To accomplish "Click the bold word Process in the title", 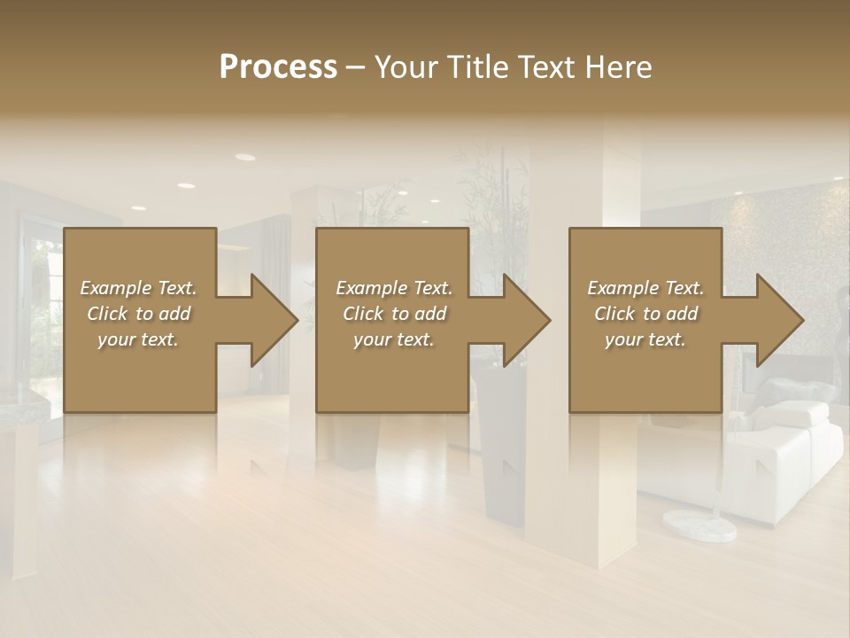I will (278, 67).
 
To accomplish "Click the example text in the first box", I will (138, 314).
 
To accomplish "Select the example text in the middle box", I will (393, 314).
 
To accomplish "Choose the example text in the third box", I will (645, 314).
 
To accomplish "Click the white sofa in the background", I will (779, 461).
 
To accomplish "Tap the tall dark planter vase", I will (501, 443).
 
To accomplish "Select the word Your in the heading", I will (405, 67).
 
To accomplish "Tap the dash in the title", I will (355, 67).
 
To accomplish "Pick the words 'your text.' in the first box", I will (138, 339).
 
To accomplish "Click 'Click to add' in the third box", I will (645, 314).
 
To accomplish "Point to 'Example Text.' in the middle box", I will (393, 288).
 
